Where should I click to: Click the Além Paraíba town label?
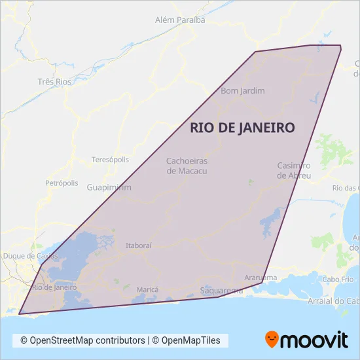coord(180,20)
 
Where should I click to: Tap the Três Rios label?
coord(54,82)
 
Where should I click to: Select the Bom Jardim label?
coord(243,90)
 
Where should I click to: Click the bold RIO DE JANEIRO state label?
coord(242,128)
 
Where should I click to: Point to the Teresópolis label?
coord(110,160)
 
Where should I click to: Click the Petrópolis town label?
coord(62,183)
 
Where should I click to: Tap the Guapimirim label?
coord(109,187)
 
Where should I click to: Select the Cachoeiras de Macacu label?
coord(187,166)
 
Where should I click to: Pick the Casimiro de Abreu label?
coord(294,170)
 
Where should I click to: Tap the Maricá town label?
coord(147,289)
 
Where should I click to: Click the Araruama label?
coord(261,278)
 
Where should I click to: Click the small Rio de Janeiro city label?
coord(54,287)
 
